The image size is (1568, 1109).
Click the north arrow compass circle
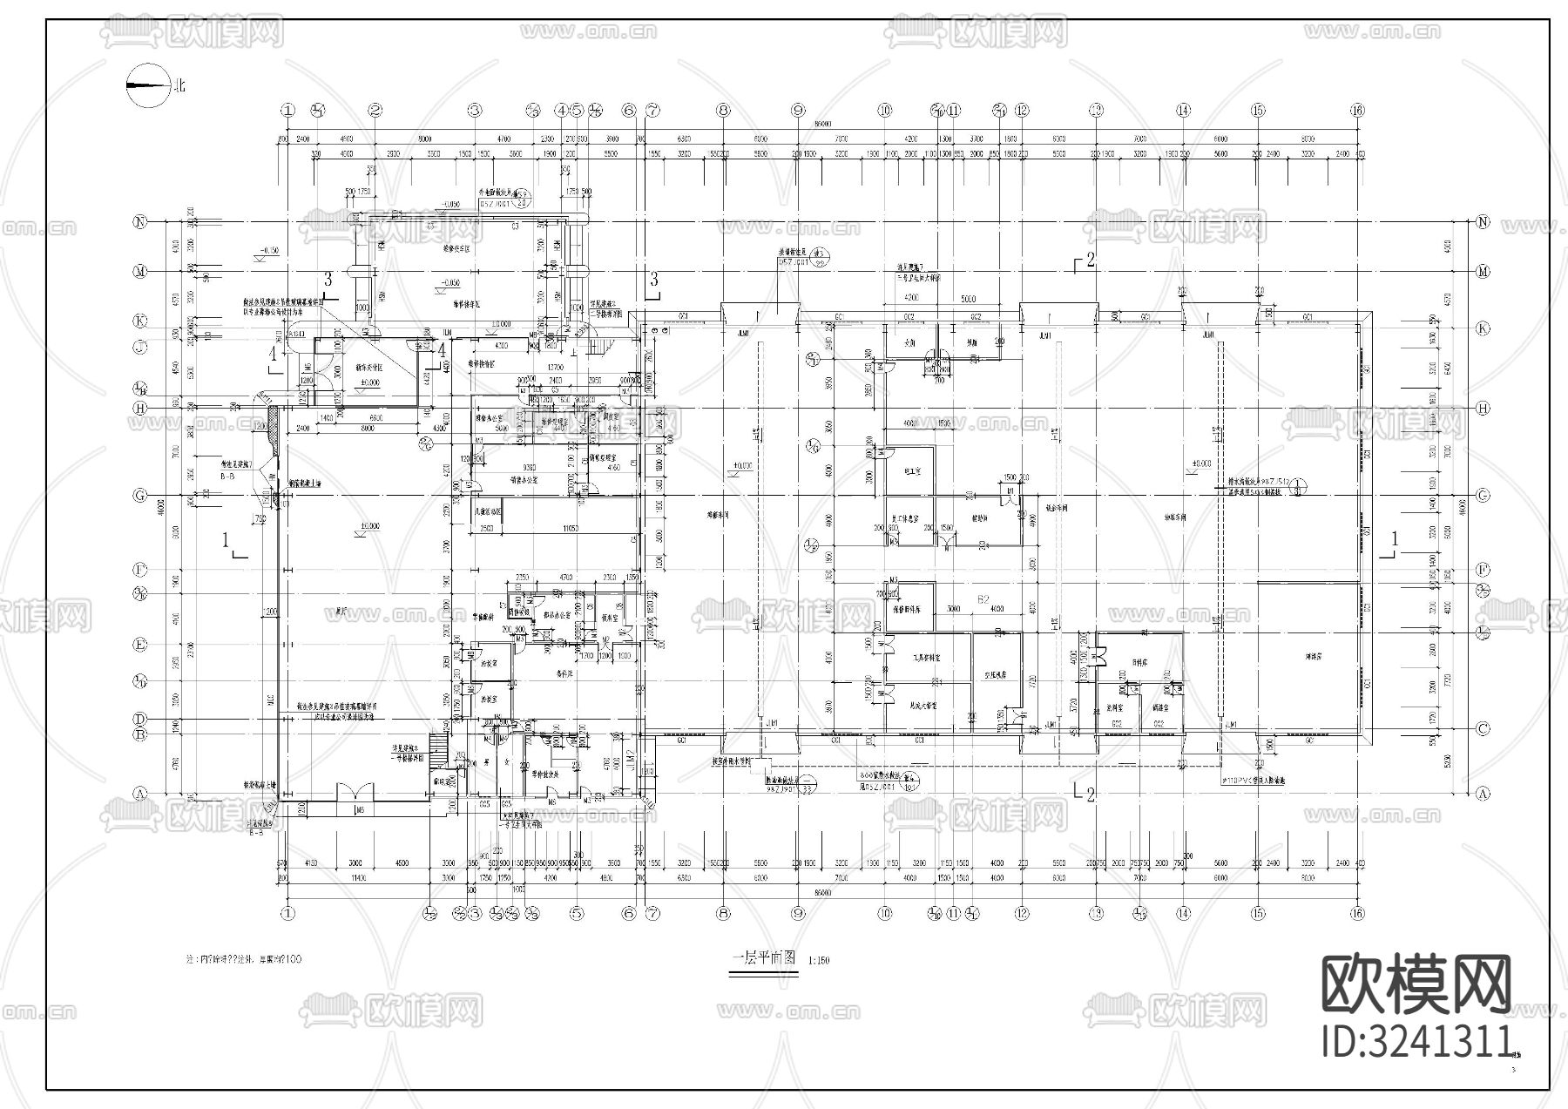point(147,86)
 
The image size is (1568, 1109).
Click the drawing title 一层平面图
point(764,957)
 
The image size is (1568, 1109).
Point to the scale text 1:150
point(819,961)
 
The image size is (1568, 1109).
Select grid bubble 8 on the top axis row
point(723,111)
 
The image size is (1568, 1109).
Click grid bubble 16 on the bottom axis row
point(1357,913)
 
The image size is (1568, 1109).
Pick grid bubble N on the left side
point(139,222)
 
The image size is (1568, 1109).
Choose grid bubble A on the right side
point(1484,794)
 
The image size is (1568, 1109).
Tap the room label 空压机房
point(996,674)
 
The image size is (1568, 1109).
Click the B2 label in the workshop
point(984,599)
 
